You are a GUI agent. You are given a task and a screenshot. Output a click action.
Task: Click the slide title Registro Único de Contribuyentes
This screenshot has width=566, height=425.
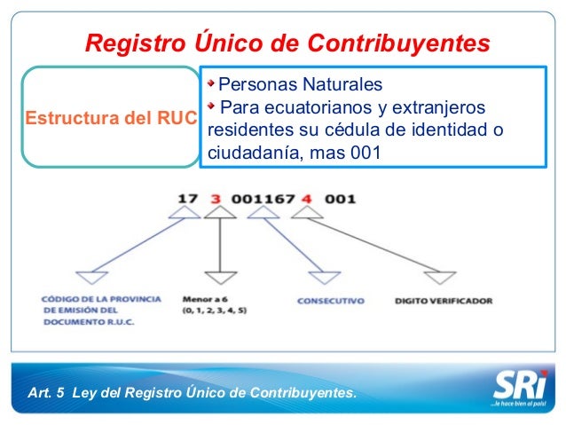[x=287, y=43]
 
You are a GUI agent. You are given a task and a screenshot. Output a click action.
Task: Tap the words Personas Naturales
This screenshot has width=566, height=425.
[x=300, y=85]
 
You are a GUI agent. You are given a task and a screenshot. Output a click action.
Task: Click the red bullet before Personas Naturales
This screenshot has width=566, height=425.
[x=211, y=84]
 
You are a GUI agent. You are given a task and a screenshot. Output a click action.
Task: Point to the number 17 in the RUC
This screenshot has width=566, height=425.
[x=187, y=200]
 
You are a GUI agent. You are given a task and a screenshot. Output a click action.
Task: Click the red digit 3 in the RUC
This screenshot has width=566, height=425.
[x=216, y=200]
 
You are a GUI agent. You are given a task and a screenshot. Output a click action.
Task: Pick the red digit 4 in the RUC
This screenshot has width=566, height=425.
[x=305, y=200]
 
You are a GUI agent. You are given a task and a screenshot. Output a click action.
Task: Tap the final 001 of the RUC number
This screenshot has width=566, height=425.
[x=340, y=200]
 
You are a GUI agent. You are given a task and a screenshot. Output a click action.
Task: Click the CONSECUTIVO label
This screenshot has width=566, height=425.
[x=330, y=302]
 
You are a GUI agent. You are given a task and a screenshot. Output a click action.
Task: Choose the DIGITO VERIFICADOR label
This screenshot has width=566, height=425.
[x=443, y=302]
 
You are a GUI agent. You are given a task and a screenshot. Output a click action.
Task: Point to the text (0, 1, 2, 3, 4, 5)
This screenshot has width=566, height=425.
[x=214, y=312]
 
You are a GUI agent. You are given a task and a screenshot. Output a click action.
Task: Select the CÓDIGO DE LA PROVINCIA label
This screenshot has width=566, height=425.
[x=100, y=299]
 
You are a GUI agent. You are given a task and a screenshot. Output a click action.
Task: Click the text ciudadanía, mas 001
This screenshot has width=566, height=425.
[x=294, y=152]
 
